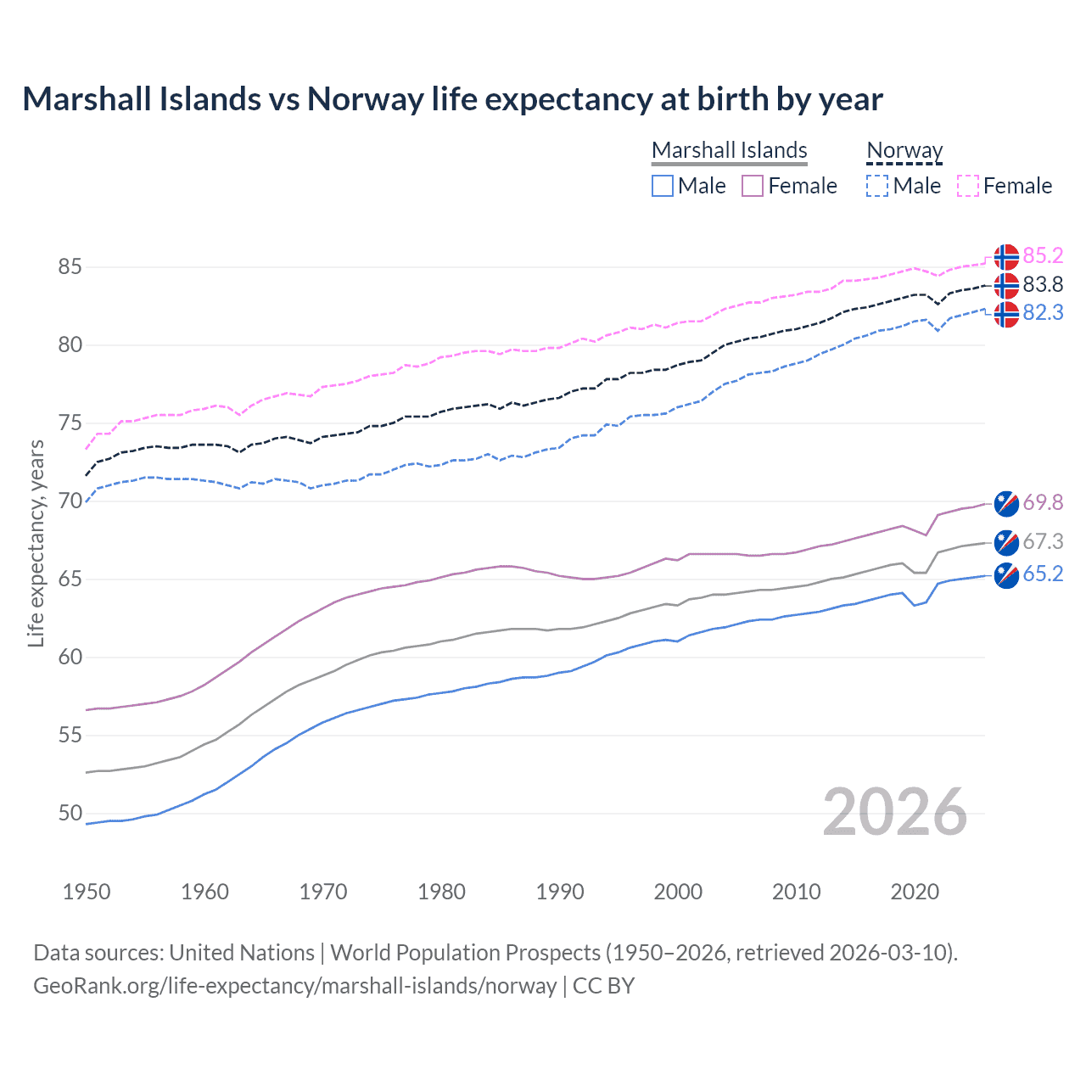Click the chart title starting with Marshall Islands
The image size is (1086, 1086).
[452, 99]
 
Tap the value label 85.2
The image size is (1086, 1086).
[1043, 255]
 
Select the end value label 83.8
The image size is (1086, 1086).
[1043, 284]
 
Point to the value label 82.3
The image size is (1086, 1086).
[1043, 312]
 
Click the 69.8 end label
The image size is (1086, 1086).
[1043, 502]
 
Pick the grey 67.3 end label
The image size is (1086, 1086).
[1043, 541]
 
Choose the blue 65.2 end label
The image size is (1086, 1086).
[1043, 574]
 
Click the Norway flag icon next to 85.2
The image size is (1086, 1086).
[1006, 256]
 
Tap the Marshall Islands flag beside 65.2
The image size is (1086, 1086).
[1006, 575]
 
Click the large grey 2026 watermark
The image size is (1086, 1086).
[895, 812]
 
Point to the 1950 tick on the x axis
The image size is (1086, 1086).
[87, 892]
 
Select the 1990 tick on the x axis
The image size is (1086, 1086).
[560, 892]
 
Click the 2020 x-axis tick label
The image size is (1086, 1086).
[915, 892]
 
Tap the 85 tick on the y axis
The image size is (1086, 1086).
[70, 266]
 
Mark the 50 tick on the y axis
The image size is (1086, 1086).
[70, 813]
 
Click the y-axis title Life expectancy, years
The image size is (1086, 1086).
[36, 543]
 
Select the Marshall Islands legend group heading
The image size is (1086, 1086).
[729, 150]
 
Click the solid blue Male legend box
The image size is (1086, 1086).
[663, 186]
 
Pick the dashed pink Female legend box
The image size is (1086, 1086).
[967, 186]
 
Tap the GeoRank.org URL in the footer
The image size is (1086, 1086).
[294, 985]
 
